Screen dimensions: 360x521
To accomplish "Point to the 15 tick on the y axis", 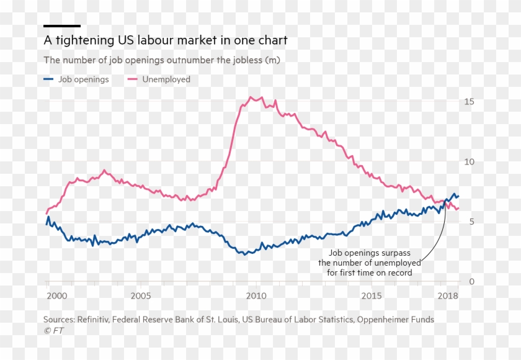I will [470, 102].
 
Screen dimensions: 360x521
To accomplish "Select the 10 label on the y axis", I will [470, 162].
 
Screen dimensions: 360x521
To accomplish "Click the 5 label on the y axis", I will [472, 222].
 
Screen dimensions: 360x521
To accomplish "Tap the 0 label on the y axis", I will [472, 282].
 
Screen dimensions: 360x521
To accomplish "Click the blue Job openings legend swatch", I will [48, 79].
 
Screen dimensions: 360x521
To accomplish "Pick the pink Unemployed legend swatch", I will [132, 79].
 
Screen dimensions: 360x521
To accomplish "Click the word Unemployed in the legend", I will [166, 79].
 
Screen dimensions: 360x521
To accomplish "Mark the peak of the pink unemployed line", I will [251, 97].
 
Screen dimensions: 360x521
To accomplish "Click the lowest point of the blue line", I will [246, 254].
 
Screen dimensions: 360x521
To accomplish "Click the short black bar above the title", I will [62, 26].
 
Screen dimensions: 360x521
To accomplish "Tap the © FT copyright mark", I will [53, 331].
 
